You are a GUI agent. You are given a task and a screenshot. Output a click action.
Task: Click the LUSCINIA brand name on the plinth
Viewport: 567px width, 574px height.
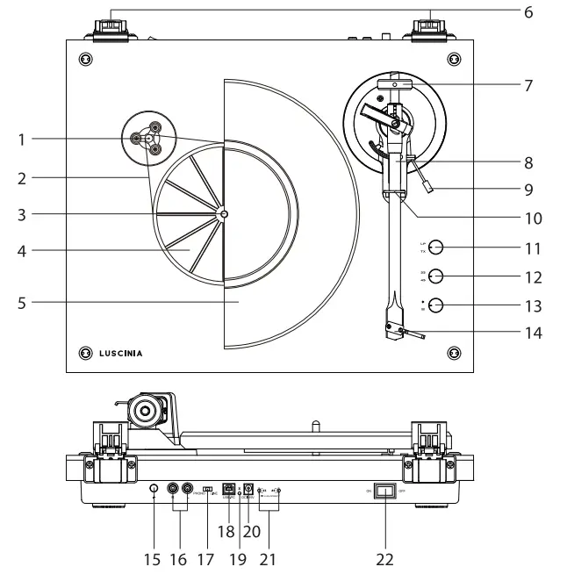120,354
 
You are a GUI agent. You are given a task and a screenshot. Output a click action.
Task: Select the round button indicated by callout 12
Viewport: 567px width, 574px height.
436,276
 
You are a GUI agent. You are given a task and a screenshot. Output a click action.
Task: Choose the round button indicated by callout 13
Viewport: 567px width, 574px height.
436,305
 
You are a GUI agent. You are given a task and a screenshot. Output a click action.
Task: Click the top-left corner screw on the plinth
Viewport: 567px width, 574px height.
85,59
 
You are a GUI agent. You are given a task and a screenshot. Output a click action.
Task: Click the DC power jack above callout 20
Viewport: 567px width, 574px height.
249,491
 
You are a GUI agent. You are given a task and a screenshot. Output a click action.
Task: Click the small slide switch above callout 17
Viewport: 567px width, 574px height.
207,490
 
